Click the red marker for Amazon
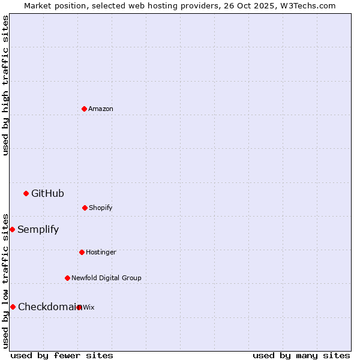84,109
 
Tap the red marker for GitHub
26,193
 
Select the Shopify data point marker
85,208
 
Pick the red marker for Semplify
12,229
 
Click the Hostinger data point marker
82,252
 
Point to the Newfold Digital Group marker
67,278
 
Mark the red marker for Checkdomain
13,307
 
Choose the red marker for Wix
79,307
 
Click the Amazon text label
101,109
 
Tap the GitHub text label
47,193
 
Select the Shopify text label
101,208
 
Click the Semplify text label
38,229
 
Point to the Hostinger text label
101,252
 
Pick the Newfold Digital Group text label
106,278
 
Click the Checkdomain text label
47,307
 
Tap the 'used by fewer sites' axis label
62,355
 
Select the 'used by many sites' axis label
301,355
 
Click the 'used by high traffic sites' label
5,85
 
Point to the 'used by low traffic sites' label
5,281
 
